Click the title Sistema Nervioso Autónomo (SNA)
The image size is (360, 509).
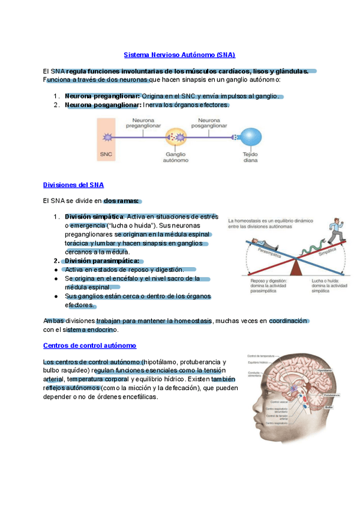coord(179,55)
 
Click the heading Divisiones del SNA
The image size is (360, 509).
coord(74,185)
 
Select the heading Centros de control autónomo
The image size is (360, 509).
coord(90,346)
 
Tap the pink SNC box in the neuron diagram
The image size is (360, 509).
coord(106,139)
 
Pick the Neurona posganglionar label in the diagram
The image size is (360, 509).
coord(208,124)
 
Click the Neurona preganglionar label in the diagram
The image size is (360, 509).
coord(144,124)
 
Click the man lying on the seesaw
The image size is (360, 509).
coord(257,244)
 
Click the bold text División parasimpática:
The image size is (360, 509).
coord(101,261)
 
